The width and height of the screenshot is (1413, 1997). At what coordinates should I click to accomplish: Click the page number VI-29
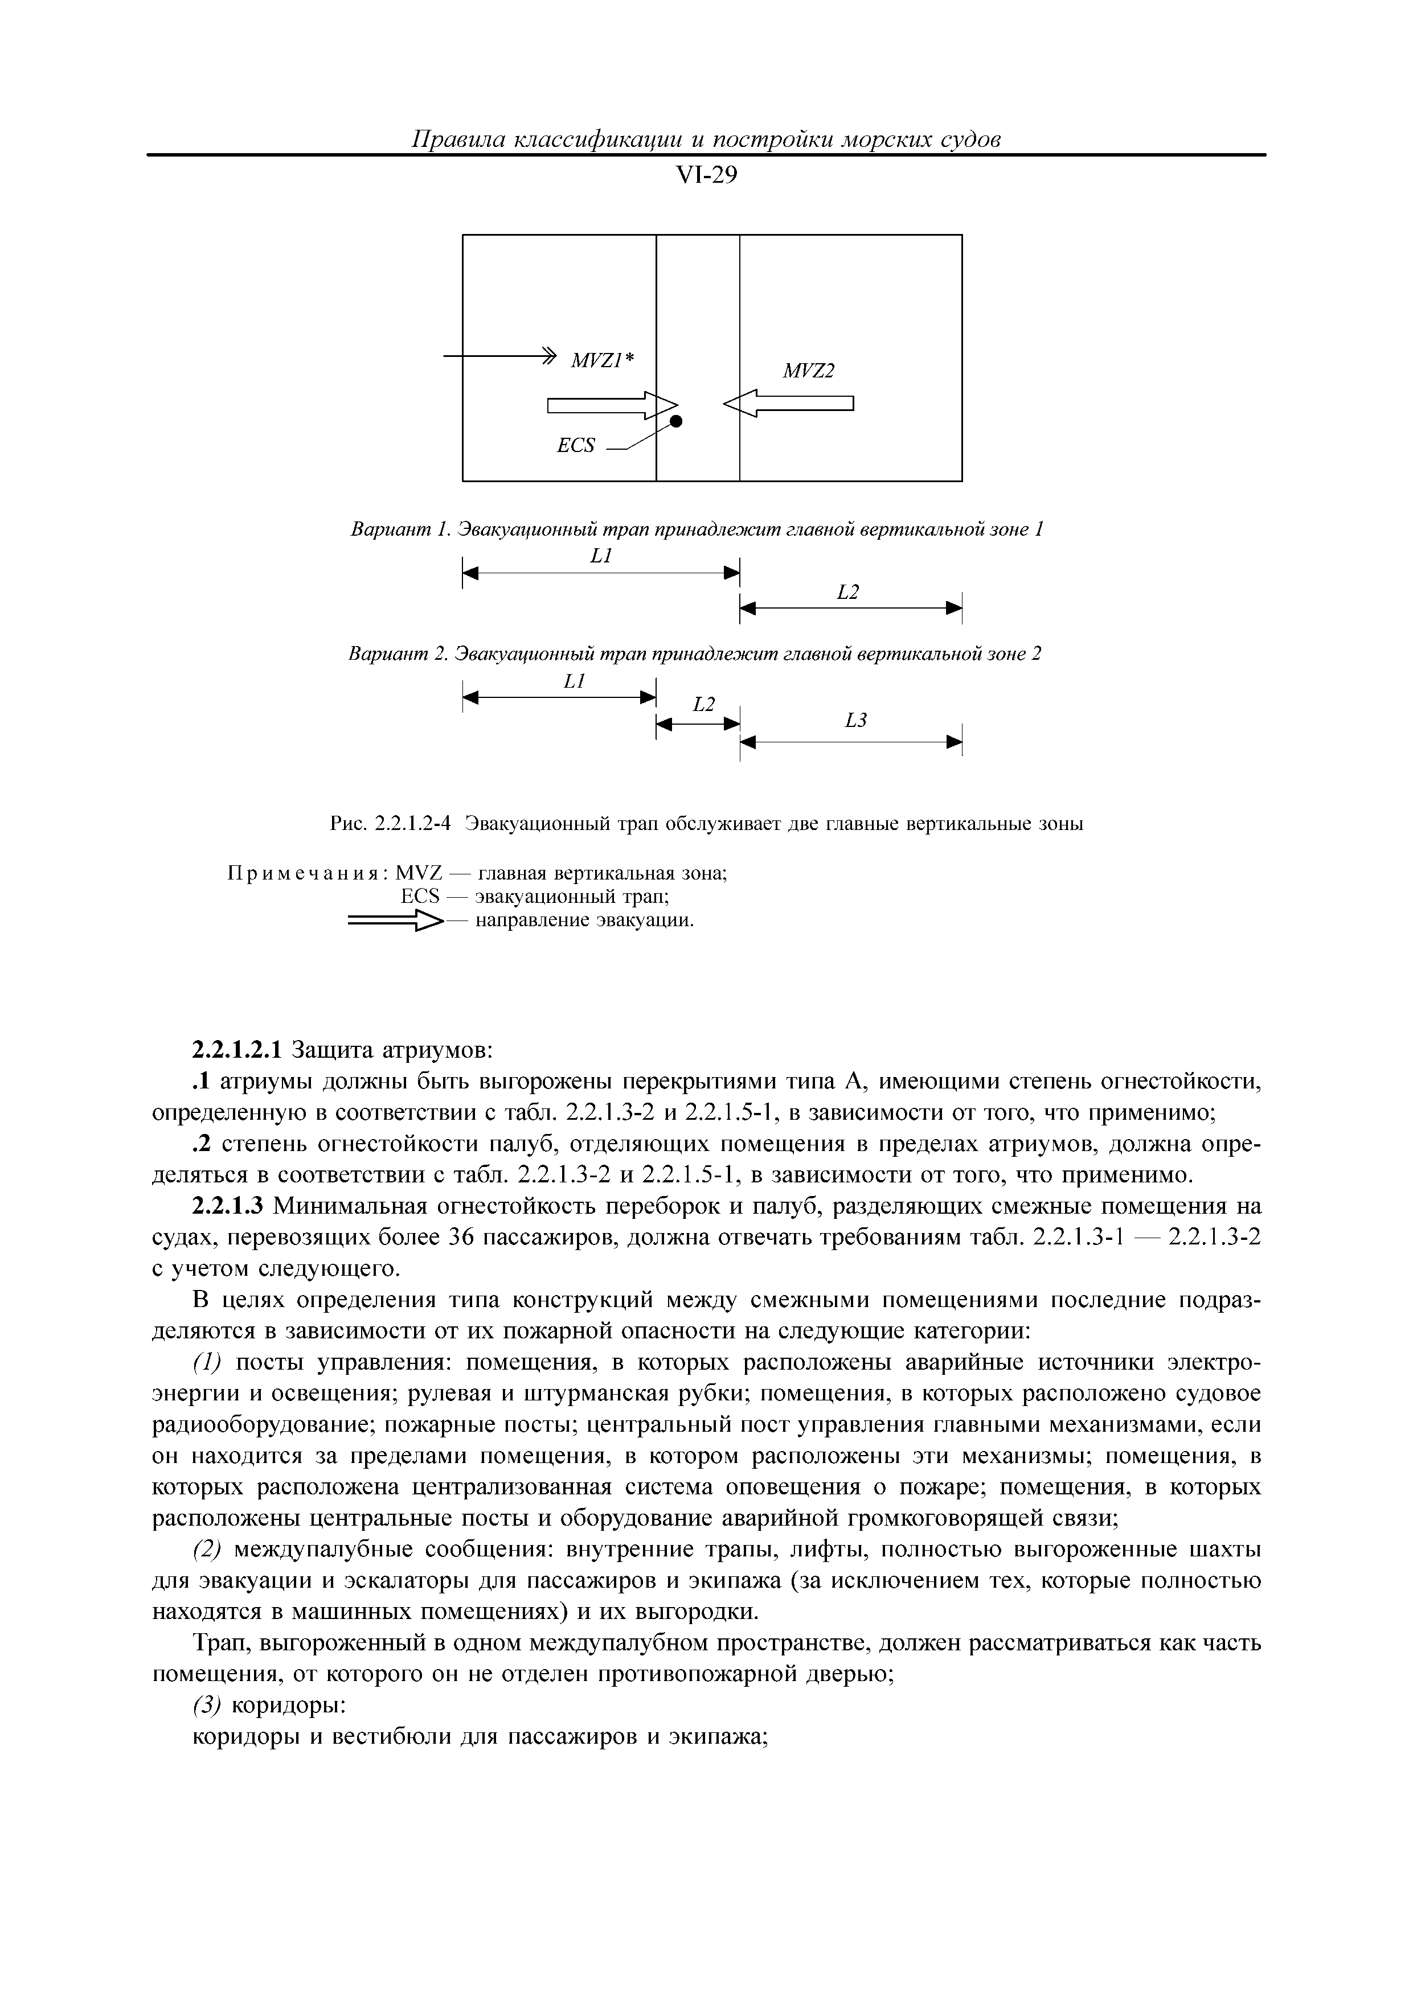coord(706,176)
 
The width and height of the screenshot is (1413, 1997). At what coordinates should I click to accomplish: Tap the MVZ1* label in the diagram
coord(602,360)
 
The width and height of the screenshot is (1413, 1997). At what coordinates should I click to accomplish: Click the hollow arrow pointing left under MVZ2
coord(788,402)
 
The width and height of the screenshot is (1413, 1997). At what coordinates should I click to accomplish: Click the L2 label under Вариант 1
coord(847,592)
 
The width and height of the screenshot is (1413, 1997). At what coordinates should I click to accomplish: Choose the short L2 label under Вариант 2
coord(703,705)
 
